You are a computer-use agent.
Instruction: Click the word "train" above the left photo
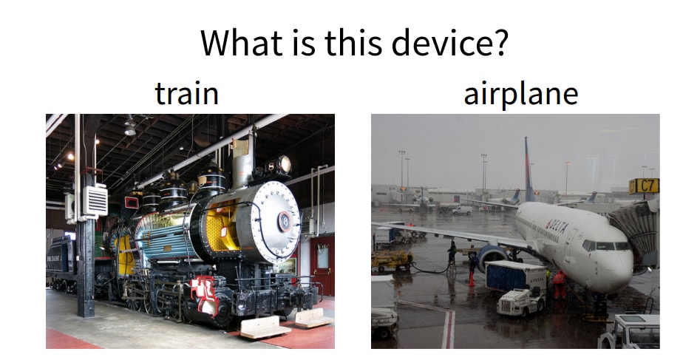tap(186, 95)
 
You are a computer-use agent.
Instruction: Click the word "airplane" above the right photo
tap(520, 95)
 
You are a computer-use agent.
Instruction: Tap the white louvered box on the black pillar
tap(95, 200)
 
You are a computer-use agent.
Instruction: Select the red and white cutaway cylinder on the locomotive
tap(203, 295)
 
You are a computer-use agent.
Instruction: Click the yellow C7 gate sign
tap(644, 186)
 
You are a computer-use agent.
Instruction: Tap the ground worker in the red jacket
tap(559, 284)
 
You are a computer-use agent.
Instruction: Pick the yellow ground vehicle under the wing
tap(392, 259)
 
